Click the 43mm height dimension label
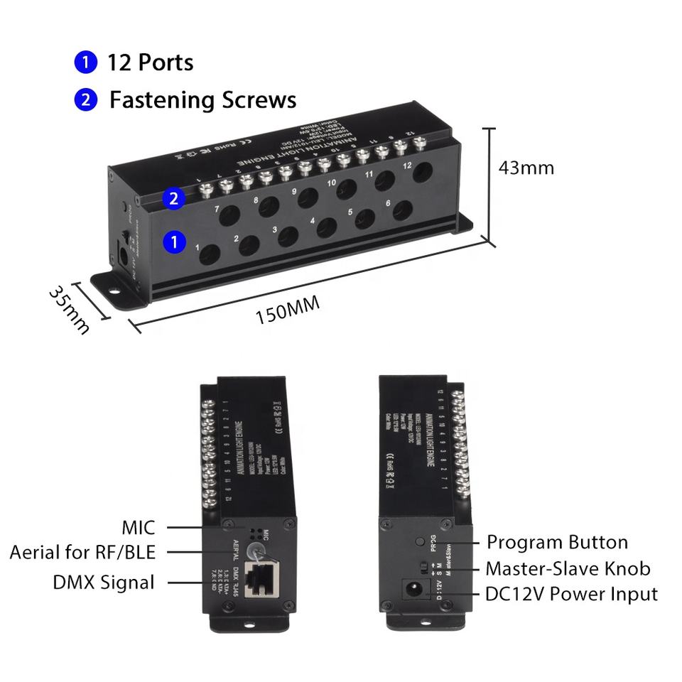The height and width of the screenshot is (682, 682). [526, 168]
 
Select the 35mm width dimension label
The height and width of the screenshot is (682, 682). [70, 310]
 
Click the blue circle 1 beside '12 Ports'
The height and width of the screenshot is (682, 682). [85, 63]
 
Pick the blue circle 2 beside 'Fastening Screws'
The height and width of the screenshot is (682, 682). [85, 100]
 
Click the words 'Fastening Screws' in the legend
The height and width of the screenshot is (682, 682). [202, 100]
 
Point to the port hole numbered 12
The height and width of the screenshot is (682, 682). [424, 173]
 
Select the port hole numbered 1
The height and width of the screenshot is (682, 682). [210, 254]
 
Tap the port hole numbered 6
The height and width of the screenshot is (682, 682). [403, 210]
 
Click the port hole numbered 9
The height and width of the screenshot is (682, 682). [307, 197]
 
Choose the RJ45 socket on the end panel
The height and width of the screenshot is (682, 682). [260, 577]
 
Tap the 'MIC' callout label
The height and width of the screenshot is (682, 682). [138, 527]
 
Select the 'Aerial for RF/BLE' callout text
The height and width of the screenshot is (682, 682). [82, 552]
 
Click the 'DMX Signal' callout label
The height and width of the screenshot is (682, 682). [104, 583]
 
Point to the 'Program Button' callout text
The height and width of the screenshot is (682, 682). [557, 543]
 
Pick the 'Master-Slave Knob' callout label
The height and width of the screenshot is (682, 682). [568, 568]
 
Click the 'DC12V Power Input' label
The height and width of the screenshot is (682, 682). [572, 593]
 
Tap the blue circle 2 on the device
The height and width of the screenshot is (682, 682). [174, 199]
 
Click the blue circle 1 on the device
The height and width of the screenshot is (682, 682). [174, 242]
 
